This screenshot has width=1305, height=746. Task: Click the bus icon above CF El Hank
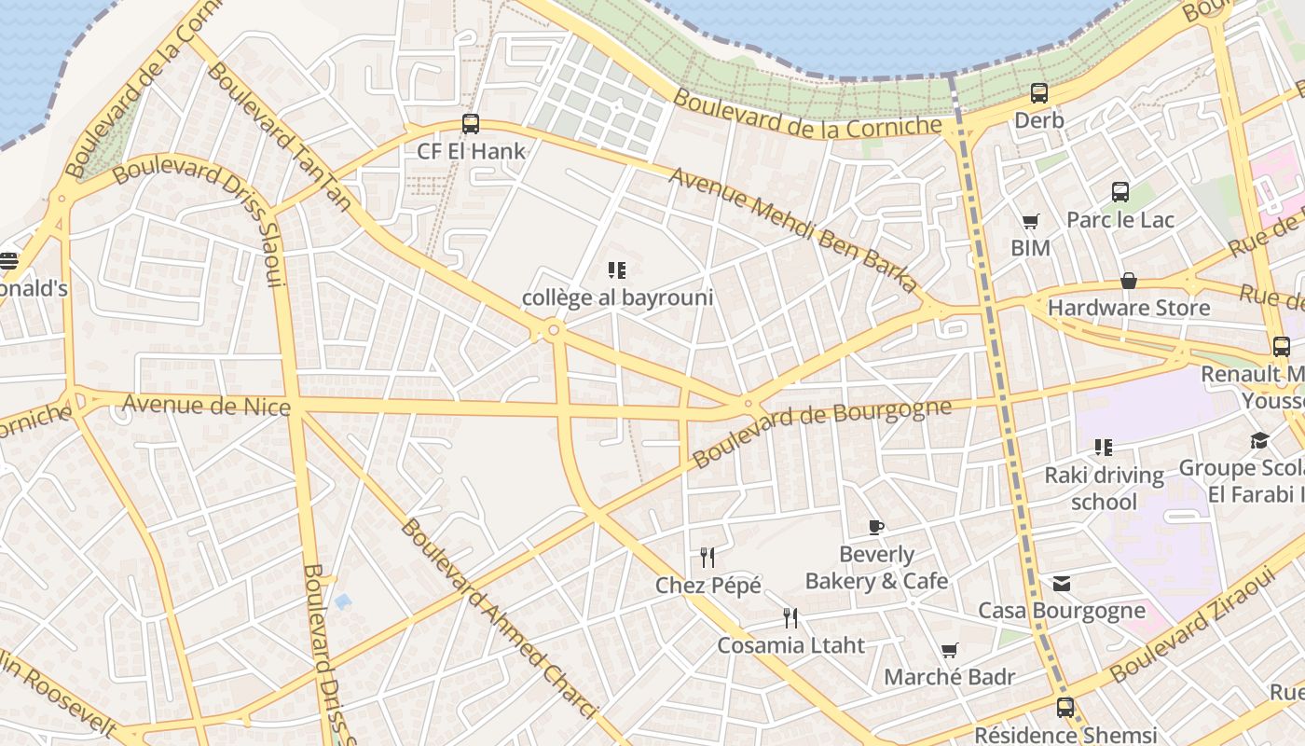point(471,123)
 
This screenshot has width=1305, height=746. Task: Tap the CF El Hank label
point(471,151)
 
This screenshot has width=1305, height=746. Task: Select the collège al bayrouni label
point(617,297)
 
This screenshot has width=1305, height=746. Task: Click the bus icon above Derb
point(1039,93)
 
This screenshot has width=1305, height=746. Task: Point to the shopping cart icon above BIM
point(1030,221)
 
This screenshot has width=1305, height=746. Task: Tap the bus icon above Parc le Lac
point(1120,192)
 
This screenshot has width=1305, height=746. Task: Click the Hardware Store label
point(1128,308)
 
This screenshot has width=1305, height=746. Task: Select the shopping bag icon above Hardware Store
point(1128,281)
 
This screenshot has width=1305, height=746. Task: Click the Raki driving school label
point(1104,489)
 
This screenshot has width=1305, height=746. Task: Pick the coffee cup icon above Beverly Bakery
point(875,527)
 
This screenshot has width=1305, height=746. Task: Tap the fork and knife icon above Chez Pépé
point(707,558)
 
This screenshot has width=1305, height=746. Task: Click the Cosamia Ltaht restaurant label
point(790,644)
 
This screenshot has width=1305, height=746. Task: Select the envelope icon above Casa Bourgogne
point(1061,584)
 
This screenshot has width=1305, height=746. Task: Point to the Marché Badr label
point(949,677)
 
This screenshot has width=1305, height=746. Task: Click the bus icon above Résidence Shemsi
point(1065,707)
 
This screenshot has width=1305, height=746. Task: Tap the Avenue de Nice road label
point(206,405)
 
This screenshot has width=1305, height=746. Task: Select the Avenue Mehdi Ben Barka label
point(793,229)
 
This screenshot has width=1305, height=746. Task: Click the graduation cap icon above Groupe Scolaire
point(1259,440)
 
